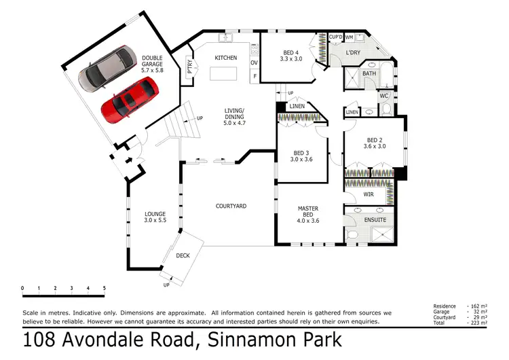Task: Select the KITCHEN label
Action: (225, 58)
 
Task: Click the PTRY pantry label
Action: (189, 67)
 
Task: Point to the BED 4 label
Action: (288, 54)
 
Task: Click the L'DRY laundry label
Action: (353, 52)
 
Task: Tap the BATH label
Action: (369, 73)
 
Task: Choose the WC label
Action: (383, 96)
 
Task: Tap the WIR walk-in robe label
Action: (369, 195)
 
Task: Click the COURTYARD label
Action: (231, 206)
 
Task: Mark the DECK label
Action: (183, 256)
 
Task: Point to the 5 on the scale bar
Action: (105, 289)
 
